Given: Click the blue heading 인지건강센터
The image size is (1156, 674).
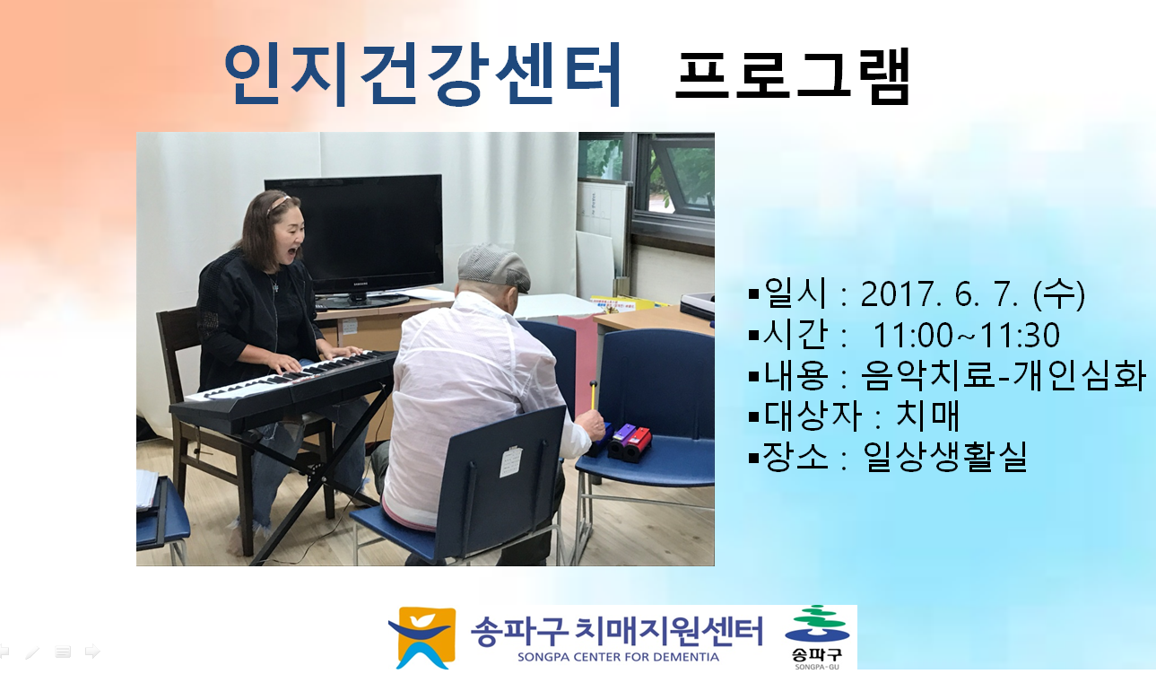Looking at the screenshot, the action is pos(422,74).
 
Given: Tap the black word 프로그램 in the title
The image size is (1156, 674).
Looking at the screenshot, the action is pos(793,76).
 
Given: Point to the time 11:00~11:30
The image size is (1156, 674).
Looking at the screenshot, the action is pos(966,335).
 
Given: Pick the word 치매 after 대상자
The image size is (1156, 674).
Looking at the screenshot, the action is pos(928,416).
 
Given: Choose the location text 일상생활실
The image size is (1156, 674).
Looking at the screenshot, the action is pos(944,456).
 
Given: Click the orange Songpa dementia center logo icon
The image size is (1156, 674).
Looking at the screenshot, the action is pos(422,637).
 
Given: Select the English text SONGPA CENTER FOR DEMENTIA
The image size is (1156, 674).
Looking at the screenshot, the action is pos(618,657).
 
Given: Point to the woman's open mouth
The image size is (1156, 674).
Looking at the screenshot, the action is pos(292,253).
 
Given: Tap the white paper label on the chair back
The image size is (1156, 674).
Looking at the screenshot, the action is pos(511,461).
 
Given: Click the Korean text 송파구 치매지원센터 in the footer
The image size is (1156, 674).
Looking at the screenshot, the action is pos(617,631).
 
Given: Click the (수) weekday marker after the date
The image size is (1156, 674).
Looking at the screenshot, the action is pos(1059,293).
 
